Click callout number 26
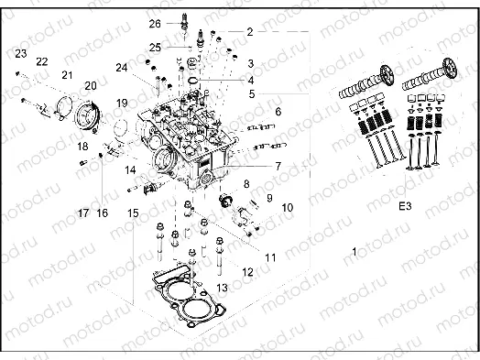[x=154, y=23]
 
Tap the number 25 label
[x=156, y=47]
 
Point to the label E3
[x=404, y=207]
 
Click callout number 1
[x=355, y=250]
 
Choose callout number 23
[x=20, y=54]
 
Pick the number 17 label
[x=83, y=213]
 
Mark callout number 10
[x=287, y=208]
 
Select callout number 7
[x=276, y=166]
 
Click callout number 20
[x=90, y=85]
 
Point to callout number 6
[x=278, y=112]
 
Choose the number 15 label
[x=134, y=213]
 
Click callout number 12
[x=247, y=272]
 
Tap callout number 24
[x=121, y=67]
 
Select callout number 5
[x=251, y=93]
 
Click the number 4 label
[x=250, y=79]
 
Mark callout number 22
[x=41, y=61]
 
